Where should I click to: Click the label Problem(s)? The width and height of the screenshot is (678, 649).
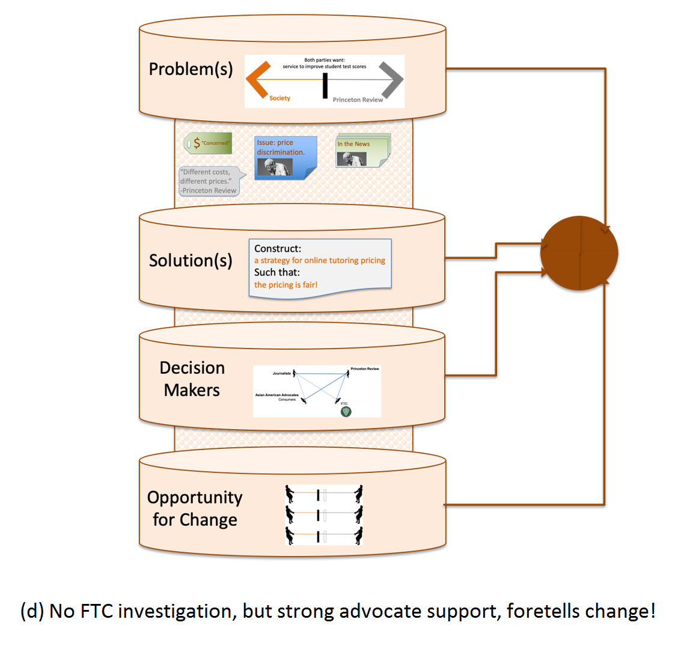(x=191, y=69)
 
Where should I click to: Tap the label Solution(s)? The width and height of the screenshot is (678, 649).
(x=191, y=260)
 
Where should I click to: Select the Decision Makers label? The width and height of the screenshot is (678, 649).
(x=192, y=379)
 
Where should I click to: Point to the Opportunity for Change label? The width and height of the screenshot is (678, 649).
(x=195, y=508)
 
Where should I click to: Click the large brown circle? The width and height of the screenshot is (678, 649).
(x=579, y=253)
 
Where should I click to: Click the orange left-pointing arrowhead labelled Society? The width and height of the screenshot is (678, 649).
(x=257, y=79)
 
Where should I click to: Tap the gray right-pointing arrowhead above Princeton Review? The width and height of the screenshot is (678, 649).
(x=392, y=79)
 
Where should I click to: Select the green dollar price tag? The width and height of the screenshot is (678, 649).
(x=207, y=143)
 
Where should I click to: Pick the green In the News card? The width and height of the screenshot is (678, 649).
(x=362, y=151)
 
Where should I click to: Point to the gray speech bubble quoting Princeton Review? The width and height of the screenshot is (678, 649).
(x=209, y=181)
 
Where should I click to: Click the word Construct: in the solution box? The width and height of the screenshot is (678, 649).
(x=277, y=248)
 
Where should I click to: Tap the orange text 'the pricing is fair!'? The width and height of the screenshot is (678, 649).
(x=286, y=285)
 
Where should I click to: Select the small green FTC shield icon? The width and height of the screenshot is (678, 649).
(x=346, y=412)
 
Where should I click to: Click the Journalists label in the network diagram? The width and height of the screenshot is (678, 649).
(x=281, y=374)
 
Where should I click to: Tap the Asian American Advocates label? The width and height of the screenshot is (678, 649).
(x=276, y=395)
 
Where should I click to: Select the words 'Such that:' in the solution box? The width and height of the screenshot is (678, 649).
(x=277, y=272)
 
